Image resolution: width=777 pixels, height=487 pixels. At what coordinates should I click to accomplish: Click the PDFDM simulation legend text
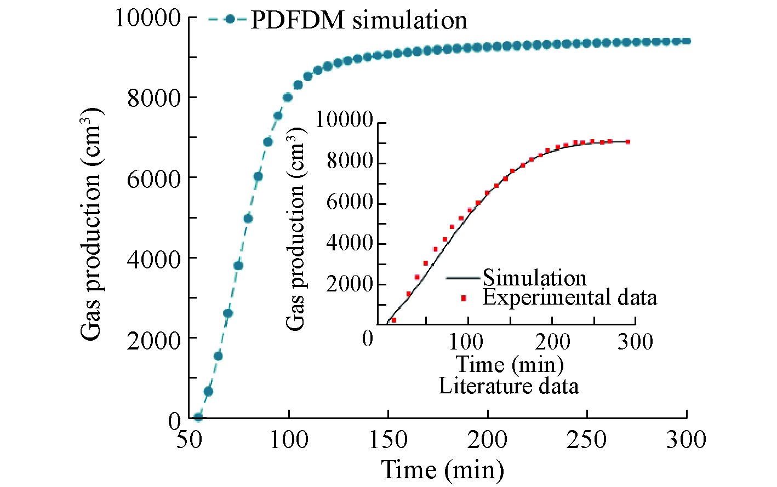(358, 21)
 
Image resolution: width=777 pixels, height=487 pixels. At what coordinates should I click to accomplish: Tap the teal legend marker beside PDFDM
(230, 19)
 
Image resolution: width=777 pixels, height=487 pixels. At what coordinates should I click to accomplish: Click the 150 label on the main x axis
(388, 439)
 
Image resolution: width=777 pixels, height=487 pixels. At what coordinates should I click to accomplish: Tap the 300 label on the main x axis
(686, 439)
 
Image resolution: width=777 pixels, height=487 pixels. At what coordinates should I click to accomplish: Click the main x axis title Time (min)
(442, 470)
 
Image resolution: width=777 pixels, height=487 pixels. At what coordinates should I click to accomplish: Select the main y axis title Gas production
(91, 223)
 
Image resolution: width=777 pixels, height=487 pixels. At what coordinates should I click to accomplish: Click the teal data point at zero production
(198, 417)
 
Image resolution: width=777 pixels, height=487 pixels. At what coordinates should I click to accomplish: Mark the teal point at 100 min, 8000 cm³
(288, 98)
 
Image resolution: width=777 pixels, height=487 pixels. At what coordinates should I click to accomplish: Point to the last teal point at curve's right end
(686, 41)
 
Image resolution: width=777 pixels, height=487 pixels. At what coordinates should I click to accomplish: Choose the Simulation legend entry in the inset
(534, 278)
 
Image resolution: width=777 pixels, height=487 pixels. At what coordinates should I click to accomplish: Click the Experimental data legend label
(569, 297)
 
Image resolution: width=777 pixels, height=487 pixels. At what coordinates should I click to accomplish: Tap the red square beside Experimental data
(464, 298)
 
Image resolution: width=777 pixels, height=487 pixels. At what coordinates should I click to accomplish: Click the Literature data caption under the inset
(509, 386)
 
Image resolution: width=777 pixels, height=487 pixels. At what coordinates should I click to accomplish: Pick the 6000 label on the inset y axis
(350, 203)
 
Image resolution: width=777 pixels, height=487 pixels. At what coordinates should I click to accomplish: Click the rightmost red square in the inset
(627, 142)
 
